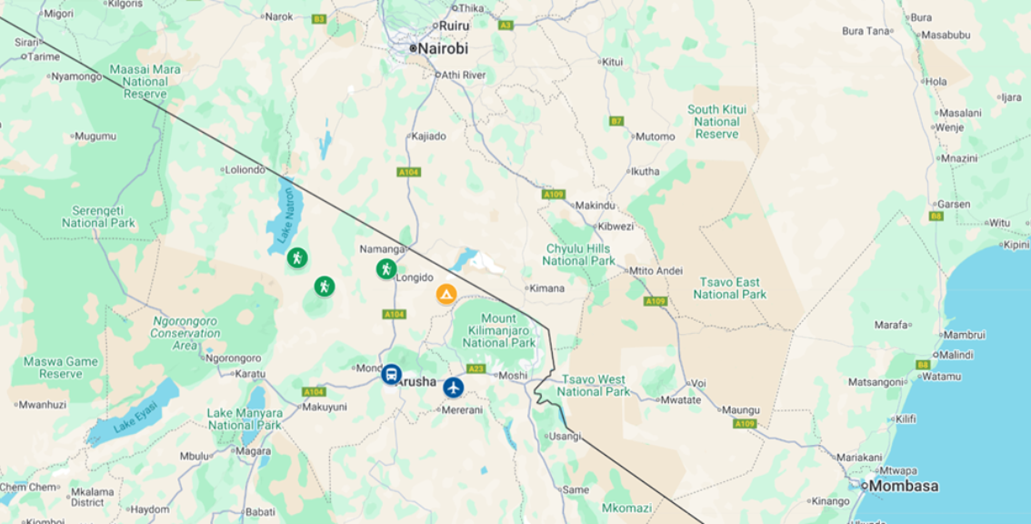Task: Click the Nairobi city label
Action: pos(443,48)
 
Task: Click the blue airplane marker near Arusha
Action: pos(454,388)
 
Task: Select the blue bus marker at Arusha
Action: pos(391,374)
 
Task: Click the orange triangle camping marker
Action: pos(445,294)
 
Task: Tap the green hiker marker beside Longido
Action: pos(386,268)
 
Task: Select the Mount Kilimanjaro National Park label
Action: pos(498,330)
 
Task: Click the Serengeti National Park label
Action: pos(98,217)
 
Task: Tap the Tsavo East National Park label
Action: pos(729,288)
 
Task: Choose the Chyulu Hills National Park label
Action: pos(578,255)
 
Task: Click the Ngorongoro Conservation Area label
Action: pos(185,333)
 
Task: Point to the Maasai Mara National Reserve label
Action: pos(145,81)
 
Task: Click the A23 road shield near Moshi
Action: pos(475,368)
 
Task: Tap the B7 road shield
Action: pos(616,120)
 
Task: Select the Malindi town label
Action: pos(956,355)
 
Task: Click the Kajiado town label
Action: pos(429,136)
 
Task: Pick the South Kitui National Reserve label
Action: pos(716,121)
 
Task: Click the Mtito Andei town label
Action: pos(656,270)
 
